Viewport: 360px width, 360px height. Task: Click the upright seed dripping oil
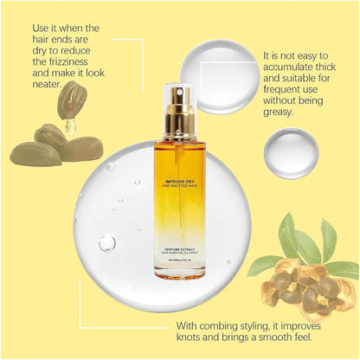click(x=71, y=100)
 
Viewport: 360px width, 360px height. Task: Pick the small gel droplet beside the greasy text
click(x=290, y=152)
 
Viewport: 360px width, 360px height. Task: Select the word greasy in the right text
click(x=286, y=111)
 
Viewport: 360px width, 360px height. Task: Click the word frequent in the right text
click(x=288, y=98)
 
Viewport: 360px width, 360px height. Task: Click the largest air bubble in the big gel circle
click(x=107, y=243)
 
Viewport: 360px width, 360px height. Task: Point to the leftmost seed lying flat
click(x=35, y=154)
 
